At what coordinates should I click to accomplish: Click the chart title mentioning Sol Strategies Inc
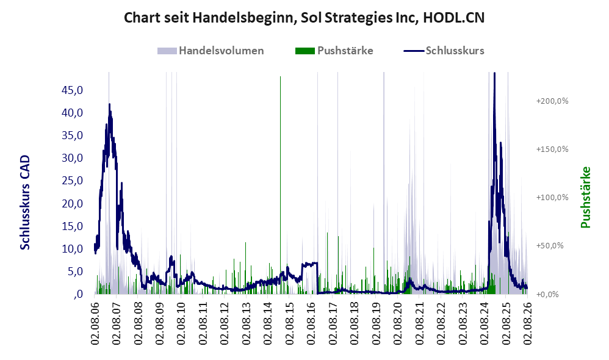304,18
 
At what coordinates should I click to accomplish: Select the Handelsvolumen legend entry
211,51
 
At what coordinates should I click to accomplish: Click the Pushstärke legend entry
334,51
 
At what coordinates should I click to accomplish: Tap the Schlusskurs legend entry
444,51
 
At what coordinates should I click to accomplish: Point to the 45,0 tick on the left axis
72,90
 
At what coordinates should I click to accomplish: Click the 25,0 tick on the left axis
72,181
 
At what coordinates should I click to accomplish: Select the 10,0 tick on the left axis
72,249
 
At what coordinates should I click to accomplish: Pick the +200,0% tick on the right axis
552,101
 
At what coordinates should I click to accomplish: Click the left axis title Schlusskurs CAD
25,203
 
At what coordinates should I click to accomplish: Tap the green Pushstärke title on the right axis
586,197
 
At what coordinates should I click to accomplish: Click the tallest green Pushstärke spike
280,185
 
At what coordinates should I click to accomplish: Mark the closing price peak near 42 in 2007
109,104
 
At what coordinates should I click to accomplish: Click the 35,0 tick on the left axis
72,135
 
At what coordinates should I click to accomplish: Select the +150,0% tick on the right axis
552,149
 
